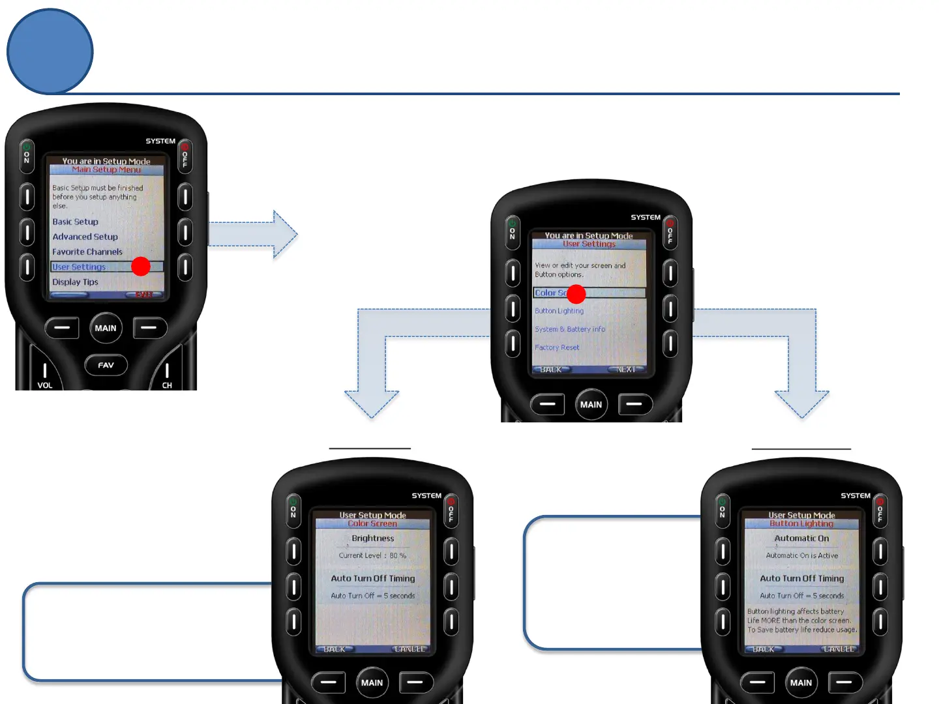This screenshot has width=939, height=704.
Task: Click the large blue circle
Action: coord(50,51)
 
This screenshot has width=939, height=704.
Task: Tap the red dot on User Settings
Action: coord(141,266)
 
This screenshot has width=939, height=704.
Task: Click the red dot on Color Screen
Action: coord(576,294)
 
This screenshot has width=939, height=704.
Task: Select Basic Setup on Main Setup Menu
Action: coord(76,222)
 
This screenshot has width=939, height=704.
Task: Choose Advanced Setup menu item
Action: coord(85,237)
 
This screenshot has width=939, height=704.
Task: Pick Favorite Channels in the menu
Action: coord(87,252)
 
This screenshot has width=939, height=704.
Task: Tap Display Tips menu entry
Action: coord(76,282)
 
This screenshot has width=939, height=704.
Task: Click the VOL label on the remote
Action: coord(44,385)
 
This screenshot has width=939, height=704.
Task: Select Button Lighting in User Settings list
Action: coord(559,311)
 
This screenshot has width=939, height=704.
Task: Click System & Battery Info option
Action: coord(570,329)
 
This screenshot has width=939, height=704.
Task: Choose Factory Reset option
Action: coord(557,347)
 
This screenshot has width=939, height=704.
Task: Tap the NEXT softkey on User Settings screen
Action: coord(625,370)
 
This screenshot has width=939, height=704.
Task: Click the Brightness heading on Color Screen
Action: coord(373,538)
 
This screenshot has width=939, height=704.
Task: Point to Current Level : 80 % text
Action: coord(372,555)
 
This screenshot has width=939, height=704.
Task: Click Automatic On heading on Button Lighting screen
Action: coord(802,538)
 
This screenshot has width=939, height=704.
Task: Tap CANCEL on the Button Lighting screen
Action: coord(839,649)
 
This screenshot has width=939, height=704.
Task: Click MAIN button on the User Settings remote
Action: coord(591,404)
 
